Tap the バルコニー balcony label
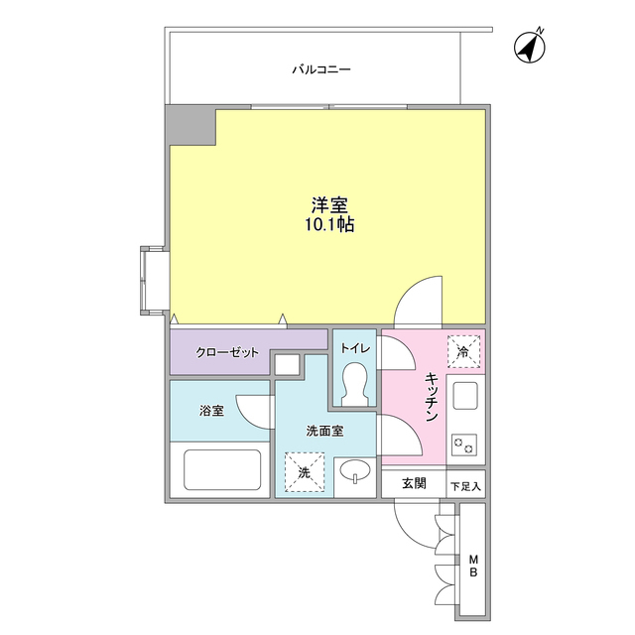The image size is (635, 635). [320, 70]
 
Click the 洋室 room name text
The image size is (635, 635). [329, 205]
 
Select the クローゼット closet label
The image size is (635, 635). [227, 352]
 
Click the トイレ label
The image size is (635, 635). [354, 348]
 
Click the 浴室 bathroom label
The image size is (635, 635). [211, 410]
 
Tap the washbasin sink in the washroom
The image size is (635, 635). [354, 472]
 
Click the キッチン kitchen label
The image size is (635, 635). [433, 399]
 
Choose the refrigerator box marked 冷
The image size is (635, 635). [463, 350]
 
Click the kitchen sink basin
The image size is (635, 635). [464, 397]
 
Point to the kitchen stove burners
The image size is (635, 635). [463, 444]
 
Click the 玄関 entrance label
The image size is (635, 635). [414, 483]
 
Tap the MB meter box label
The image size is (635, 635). [474, 566]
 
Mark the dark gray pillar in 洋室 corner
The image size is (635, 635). [191, 127]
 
